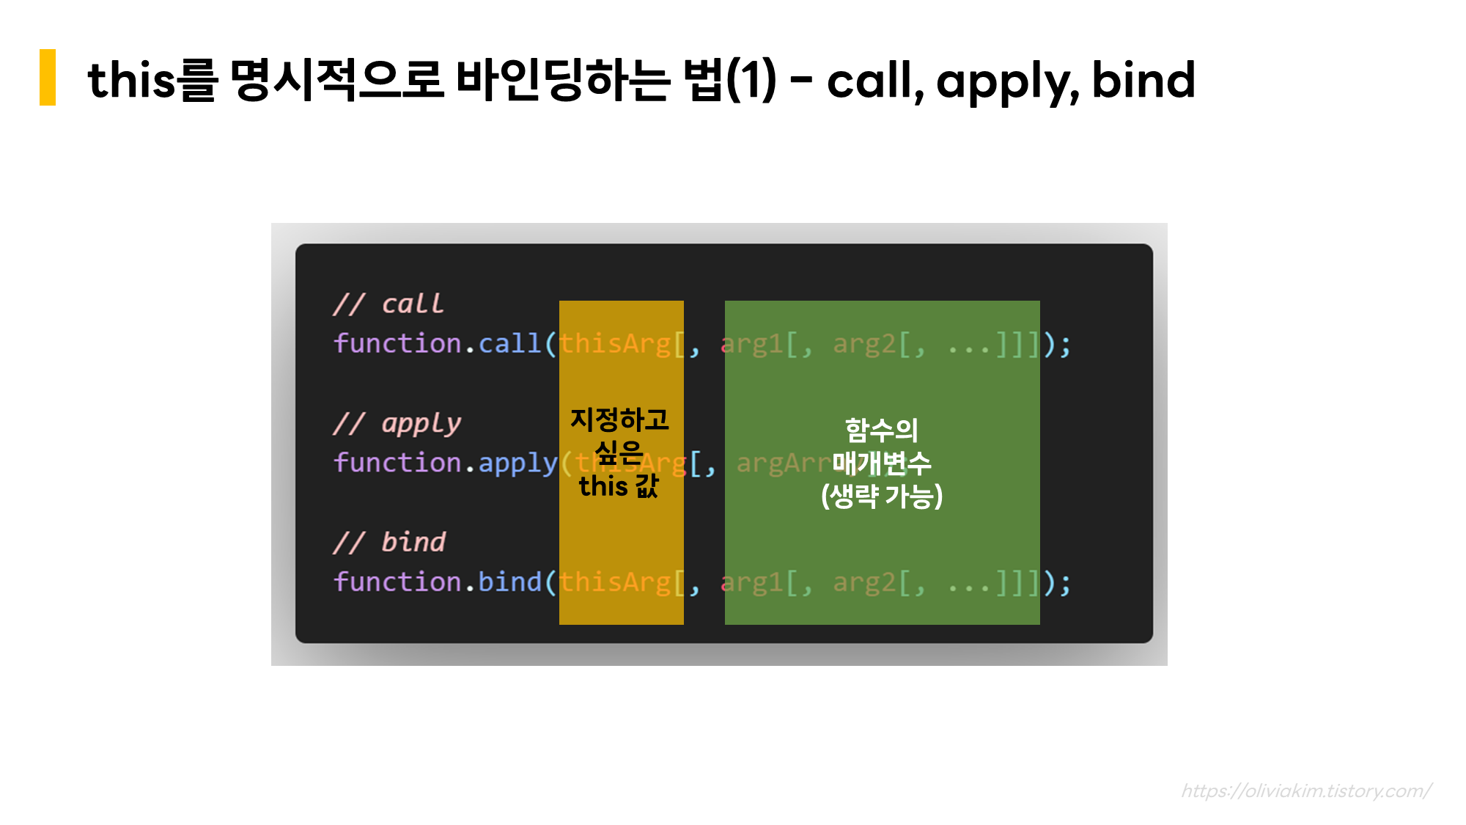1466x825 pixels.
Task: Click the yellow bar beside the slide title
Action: click(48, 78)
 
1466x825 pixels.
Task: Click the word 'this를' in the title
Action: click(152, 79)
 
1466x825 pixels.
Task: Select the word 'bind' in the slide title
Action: click(1143, 79)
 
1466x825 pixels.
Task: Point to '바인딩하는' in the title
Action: click(562, 79)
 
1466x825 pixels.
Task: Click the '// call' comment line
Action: click(388, 304)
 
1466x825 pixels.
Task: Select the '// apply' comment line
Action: click(397, 423)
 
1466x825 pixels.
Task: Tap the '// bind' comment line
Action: click(389, 543)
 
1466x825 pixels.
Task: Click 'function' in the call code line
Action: click(397, 343)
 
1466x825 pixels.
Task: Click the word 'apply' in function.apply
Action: click(517, 463)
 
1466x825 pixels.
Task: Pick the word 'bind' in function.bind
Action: click(509, 582)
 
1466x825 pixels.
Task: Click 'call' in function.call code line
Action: click(509, 343)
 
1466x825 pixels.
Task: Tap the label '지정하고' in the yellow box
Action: click(620, 419)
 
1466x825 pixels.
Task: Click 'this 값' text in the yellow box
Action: click(619, 485)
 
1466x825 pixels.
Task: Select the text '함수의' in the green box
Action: click(882, 430)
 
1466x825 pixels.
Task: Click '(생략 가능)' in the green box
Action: click(882, 496)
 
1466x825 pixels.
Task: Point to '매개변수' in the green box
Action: click(882, 463)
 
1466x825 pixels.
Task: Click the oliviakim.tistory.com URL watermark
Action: click(1305, 791)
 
